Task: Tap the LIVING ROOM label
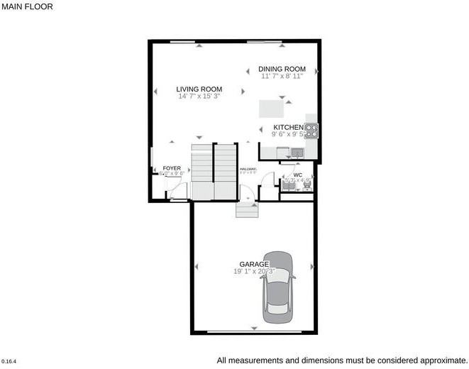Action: point(199,89)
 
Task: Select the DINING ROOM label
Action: point(282,69)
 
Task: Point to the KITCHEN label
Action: point(288,128)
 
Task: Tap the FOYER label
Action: point(172,168)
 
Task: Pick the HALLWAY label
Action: point(248,168)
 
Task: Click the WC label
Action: point(297,175)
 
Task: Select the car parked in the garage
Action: point(277,287)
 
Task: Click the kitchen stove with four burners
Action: point(311,130)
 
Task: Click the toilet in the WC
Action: point(308,182)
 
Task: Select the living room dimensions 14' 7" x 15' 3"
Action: point(199,96)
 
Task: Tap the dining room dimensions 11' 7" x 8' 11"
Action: point(282,75)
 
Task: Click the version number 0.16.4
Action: point(9,361)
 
